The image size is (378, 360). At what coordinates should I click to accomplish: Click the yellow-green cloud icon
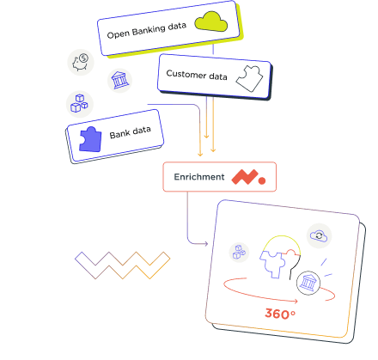point(211,21)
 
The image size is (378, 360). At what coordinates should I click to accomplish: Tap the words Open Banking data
point(147,30)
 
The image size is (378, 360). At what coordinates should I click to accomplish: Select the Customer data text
point(197,75)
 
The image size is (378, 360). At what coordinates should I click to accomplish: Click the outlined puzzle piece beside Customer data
point(249,79)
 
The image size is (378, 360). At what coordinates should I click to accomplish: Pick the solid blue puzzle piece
point(90,139)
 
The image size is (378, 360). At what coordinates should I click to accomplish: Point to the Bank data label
point(131,132)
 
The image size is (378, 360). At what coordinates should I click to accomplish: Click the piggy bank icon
point(81,63)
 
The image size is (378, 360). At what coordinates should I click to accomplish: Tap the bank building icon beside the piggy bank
point(119,81)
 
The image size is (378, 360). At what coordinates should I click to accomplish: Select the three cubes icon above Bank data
point(79,103)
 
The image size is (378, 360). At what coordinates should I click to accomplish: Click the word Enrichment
point(199,177)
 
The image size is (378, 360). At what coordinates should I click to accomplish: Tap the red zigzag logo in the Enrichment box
point(245,177)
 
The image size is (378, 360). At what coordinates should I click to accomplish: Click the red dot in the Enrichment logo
point(262,180)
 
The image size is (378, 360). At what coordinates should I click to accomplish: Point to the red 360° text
point(280,314)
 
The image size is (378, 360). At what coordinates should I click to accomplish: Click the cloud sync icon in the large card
point(319,235)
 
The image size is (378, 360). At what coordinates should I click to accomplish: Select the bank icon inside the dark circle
point(308,283)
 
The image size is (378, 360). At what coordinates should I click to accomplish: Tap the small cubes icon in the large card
point(239,252)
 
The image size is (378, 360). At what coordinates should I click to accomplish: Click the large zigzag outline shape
point(122,265)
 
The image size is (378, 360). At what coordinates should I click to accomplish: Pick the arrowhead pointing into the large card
point(205,244)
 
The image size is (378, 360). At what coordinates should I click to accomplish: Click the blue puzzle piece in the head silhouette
point(272,264)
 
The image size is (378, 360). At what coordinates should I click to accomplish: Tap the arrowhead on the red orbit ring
point(296,301)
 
